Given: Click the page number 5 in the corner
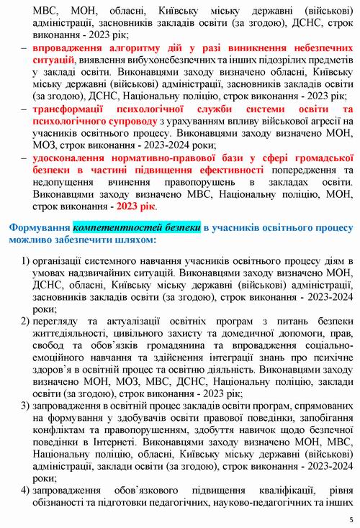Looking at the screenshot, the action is [x=351, y=519].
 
